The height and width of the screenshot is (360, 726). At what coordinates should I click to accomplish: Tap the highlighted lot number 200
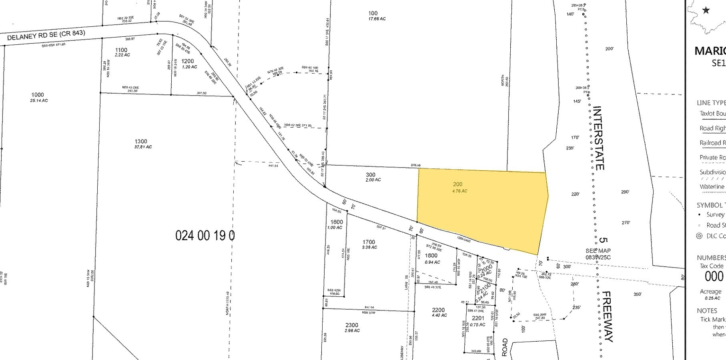(x=457, y=184)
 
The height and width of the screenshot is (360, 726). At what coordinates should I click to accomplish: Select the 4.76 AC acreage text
(x=459, y=191)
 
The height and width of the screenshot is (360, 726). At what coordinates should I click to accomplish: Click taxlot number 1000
(x=38, y=95)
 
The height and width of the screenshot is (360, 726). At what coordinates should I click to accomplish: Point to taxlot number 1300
(x=141, y=141)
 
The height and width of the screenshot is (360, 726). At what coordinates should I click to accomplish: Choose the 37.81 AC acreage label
(x=143, y=147)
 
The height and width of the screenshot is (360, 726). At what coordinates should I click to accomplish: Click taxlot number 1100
(x=121, y=50)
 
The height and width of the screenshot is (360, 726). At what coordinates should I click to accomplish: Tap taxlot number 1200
(x=188, y=61)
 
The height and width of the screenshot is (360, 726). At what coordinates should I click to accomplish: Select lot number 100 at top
(x=373, y=13)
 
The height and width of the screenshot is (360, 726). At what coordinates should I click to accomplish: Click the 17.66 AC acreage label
(x=377, y=19)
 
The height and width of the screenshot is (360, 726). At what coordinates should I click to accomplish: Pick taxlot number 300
(x=371, y=174)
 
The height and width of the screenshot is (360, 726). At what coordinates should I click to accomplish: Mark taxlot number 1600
(x=337, y=222)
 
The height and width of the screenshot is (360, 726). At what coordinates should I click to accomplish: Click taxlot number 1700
(x=369, y=242)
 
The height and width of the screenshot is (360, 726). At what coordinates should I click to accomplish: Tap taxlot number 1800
(x=431, y=256)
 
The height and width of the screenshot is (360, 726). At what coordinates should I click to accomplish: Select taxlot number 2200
(x=438, y=310)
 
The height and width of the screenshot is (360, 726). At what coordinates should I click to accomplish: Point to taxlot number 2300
(x=352, y=325)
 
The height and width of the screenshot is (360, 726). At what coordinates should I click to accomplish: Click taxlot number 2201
(x=478, y=318)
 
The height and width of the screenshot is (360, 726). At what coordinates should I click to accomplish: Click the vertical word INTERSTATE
(x=598, y=138)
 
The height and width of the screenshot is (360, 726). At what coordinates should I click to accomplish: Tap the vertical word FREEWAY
(x=607, y=316)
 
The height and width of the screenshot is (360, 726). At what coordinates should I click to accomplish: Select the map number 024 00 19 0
(x=205, y=235)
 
